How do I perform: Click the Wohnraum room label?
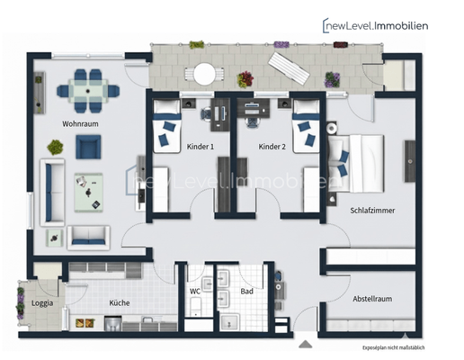80,123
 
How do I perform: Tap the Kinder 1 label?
200,146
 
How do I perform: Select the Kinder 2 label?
272,146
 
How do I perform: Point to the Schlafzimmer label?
372,211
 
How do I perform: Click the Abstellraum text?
372,299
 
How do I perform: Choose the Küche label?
120,303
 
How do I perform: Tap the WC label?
195,292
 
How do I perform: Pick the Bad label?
246,292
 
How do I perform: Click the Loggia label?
41,303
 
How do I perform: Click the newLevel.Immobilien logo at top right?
376,25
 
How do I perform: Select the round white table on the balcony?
207,73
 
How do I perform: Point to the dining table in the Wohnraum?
87,88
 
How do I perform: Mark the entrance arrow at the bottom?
306,343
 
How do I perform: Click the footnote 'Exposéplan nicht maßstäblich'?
393,346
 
